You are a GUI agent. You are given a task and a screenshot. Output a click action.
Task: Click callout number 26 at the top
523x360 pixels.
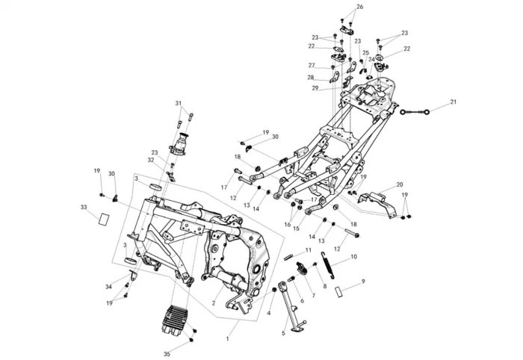[x=359, y=7]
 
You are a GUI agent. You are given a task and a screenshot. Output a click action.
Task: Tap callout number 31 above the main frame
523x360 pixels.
[x=179, y=102]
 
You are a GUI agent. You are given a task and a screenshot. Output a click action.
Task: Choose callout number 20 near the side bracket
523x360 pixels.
[x=400, y=184]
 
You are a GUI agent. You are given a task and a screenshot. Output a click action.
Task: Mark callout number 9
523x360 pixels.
[x=363, y=281]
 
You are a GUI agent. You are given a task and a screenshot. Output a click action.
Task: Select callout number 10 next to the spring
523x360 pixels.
[x=353, y=256]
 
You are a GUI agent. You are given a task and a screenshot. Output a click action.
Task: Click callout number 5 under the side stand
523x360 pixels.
[x=283, y=332]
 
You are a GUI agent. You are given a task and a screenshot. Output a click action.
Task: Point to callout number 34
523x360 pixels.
[x=108, y=287]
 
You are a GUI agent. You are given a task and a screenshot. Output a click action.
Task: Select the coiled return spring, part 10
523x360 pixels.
[x=327, y=267]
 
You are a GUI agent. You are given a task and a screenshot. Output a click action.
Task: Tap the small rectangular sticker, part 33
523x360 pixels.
[x=102, y=218]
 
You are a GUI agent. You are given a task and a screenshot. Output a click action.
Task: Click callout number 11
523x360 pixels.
[x=308, y=249]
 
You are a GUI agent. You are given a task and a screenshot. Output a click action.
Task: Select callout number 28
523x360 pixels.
[x=310, y=77]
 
